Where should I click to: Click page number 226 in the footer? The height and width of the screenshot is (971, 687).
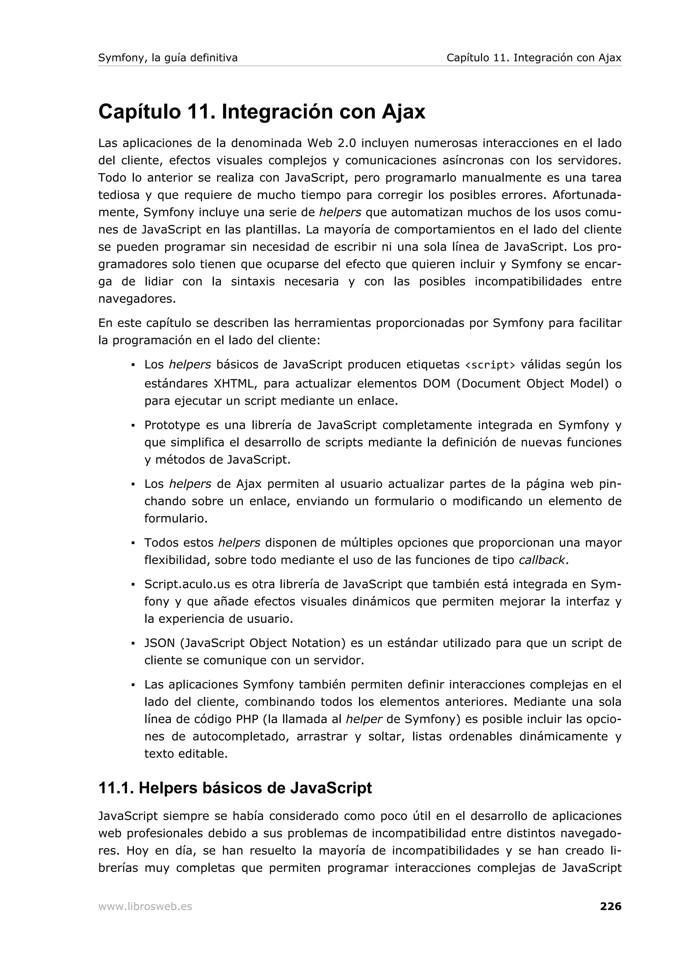click(611, 906)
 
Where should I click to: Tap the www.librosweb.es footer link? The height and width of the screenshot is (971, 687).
click(145, 906)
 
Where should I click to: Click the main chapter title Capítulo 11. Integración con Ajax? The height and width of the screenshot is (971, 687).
click(262, 112)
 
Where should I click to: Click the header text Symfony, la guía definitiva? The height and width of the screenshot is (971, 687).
click(168, 58)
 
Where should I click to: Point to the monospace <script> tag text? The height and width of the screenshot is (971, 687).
click(490, 365)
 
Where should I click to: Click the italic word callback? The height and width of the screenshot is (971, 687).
click(541, 560)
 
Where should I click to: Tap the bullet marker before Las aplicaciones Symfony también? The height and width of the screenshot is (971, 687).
click(133, 684)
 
